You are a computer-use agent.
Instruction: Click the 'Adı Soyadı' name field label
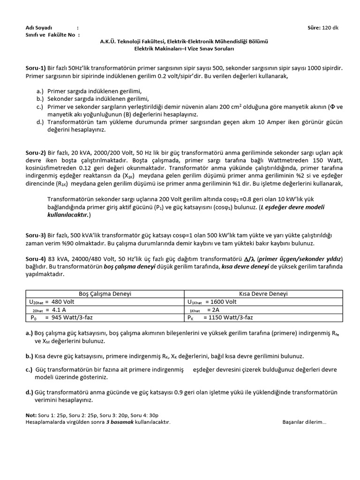[x=39, y=28]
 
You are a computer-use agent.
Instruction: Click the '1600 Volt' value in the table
[x=224, y=302]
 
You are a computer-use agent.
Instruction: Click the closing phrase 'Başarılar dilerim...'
[x=304, y=422]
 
